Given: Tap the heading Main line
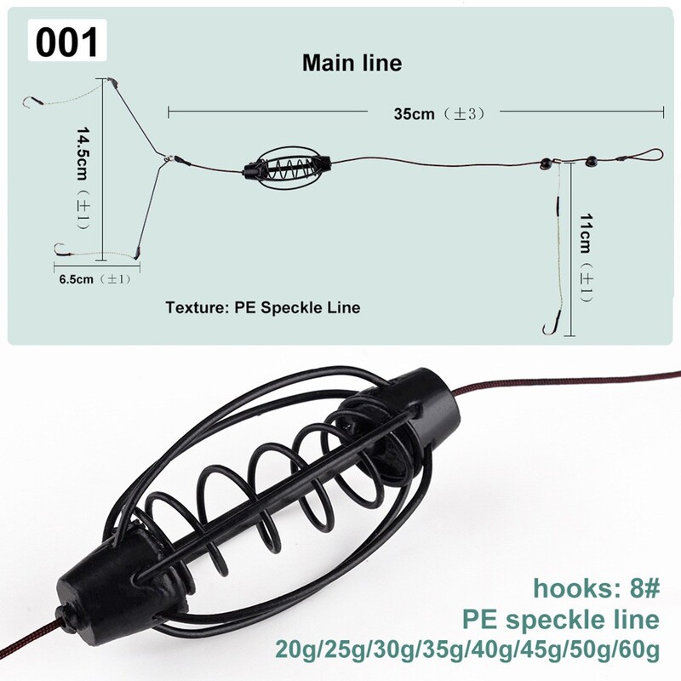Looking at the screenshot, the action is pos(352,63).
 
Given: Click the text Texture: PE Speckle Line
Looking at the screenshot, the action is pos(263,307).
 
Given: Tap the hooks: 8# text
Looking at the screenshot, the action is pos(597,588).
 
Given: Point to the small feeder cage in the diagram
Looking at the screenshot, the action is pos(288,168).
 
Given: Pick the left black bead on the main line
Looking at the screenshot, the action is pos(545,163).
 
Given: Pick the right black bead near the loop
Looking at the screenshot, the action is pos(591,162).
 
